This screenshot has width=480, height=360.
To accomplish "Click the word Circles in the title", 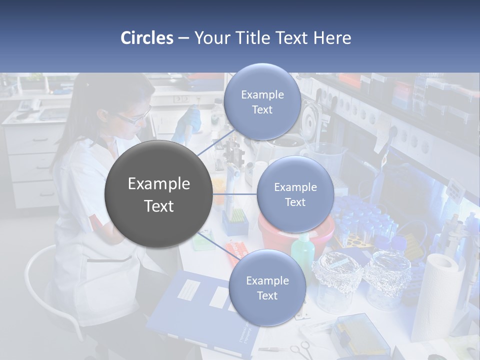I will point(147,38).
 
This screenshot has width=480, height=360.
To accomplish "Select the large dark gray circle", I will point(158,194).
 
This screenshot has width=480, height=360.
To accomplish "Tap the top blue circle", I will point(262,101).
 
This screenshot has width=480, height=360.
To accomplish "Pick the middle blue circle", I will point(295,194).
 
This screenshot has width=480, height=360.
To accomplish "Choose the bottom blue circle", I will point(267,287).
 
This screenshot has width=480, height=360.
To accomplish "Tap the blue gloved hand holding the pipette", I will point(190,120).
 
